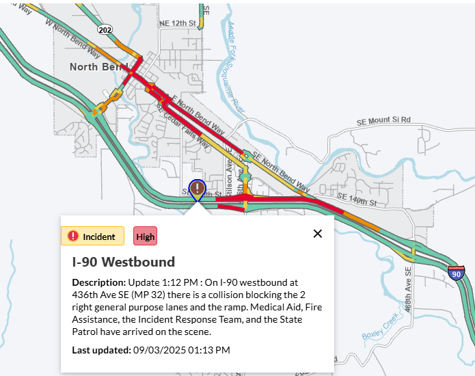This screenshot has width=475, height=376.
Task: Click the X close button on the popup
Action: pos(318,234)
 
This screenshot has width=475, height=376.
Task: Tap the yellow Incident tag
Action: pos(92,237)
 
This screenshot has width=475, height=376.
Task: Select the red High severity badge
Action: pos(145,237)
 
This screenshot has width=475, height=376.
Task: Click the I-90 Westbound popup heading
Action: pos(124,262)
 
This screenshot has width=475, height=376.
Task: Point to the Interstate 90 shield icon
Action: pos(456,273)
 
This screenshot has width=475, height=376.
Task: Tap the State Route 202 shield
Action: pos(105,30)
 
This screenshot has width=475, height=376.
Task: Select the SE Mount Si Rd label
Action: pos(383,120)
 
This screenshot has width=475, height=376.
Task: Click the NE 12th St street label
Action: pos(178,23)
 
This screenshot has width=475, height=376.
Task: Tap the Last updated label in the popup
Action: pos(100,350)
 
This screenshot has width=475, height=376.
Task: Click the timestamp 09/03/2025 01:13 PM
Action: pos(181,350)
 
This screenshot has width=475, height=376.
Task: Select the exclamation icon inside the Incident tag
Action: pos(73,237)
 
